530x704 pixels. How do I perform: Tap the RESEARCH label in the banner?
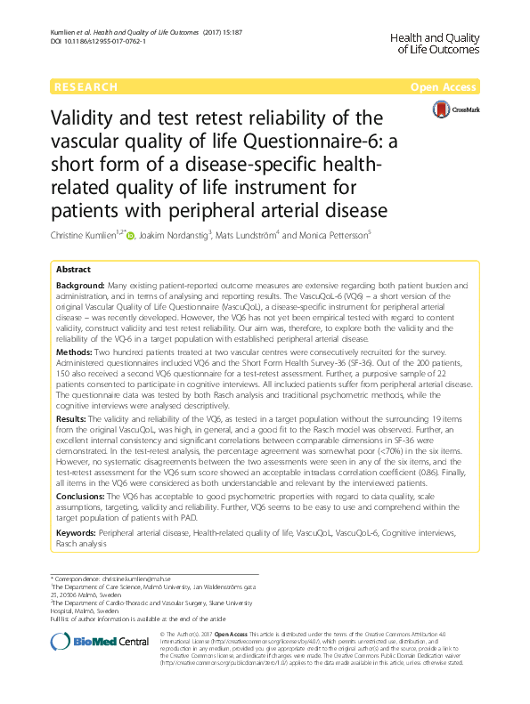pyautogui.click(x=86, y=87)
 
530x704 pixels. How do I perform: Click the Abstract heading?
pyautogui.click(x=73, y=269)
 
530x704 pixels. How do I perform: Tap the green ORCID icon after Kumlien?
pyautogui.click(x=130, y=237)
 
